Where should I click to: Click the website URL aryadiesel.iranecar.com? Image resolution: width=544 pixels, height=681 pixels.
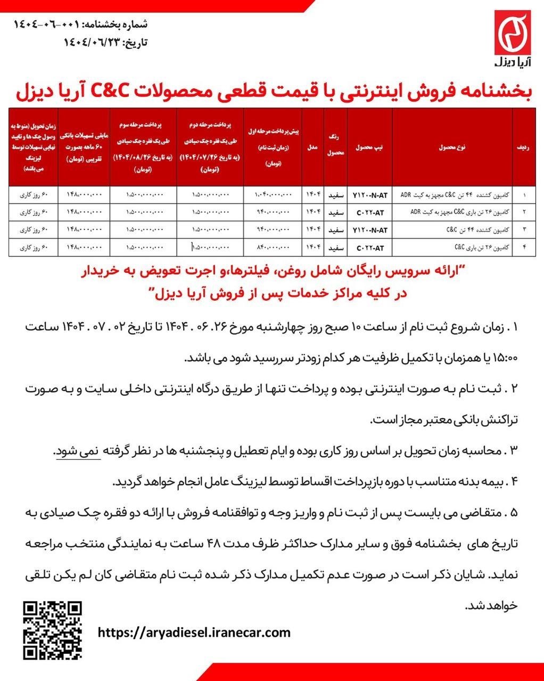point(195,633)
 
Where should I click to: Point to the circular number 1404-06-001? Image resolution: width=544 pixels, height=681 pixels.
point(47,24)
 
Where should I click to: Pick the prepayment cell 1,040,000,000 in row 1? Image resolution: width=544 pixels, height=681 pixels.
point(273,195)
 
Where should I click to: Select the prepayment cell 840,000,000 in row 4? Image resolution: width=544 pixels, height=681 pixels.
point(273,248)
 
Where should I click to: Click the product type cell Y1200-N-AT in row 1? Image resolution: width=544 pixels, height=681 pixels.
point(369,195)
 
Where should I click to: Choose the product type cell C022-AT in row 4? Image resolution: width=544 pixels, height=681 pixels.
point(369,248)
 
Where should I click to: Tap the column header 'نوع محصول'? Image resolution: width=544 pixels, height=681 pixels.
point(452,147)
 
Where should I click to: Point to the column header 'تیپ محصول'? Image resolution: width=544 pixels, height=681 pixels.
point(370,147)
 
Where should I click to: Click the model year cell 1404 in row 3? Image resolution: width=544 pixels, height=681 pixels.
point(312,230)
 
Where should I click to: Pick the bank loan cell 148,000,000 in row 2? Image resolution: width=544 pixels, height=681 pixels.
point(83,213)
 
